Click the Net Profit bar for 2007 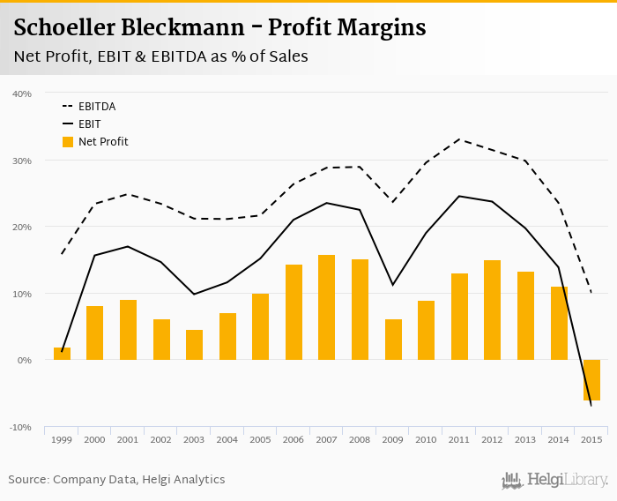[326, 307]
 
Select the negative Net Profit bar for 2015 [591, 380]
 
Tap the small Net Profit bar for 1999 [62, 354]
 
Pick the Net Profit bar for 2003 [194, 345]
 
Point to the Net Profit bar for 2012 [492, 310]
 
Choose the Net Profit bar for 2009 [393, 340]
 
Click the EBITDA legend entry [96, 107]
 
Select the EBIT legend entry [89, 124]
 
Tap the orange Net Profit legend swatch [68, 142]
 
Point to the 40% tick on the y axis [22, 93]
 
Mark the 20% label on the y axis [22, 227]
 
